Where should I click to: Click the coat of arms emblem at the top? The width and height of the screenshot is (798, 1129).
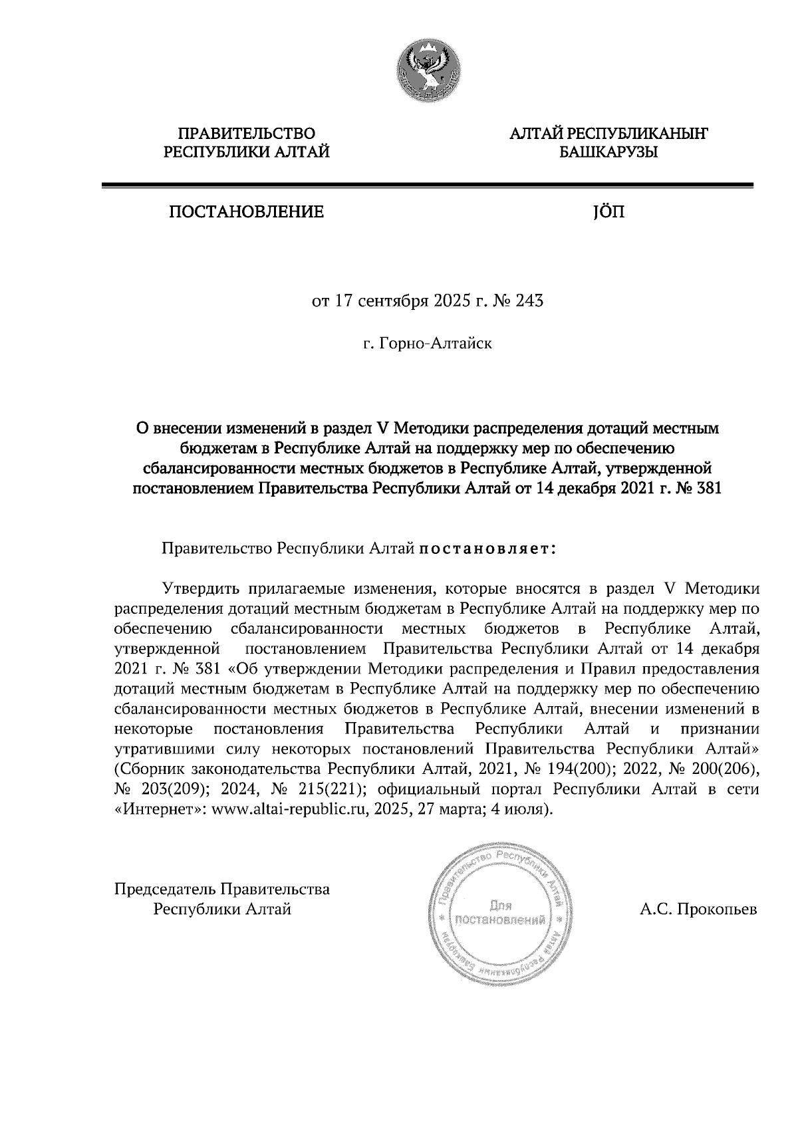click(427, 70)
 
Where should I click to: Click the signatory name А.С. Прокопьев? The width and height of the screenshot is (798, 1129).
click(698, 910)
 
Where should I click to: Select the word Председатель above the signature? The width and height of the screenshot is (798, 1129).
click(166, 889)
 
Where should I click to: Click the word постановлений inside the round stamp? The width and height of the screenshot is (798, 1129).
click(499, 921)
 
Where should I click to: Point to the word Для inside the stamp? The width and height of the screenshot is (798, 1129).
click(499, 905)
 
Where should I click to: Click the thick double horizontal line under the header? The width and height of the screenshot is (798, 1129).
click(427, 187)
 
